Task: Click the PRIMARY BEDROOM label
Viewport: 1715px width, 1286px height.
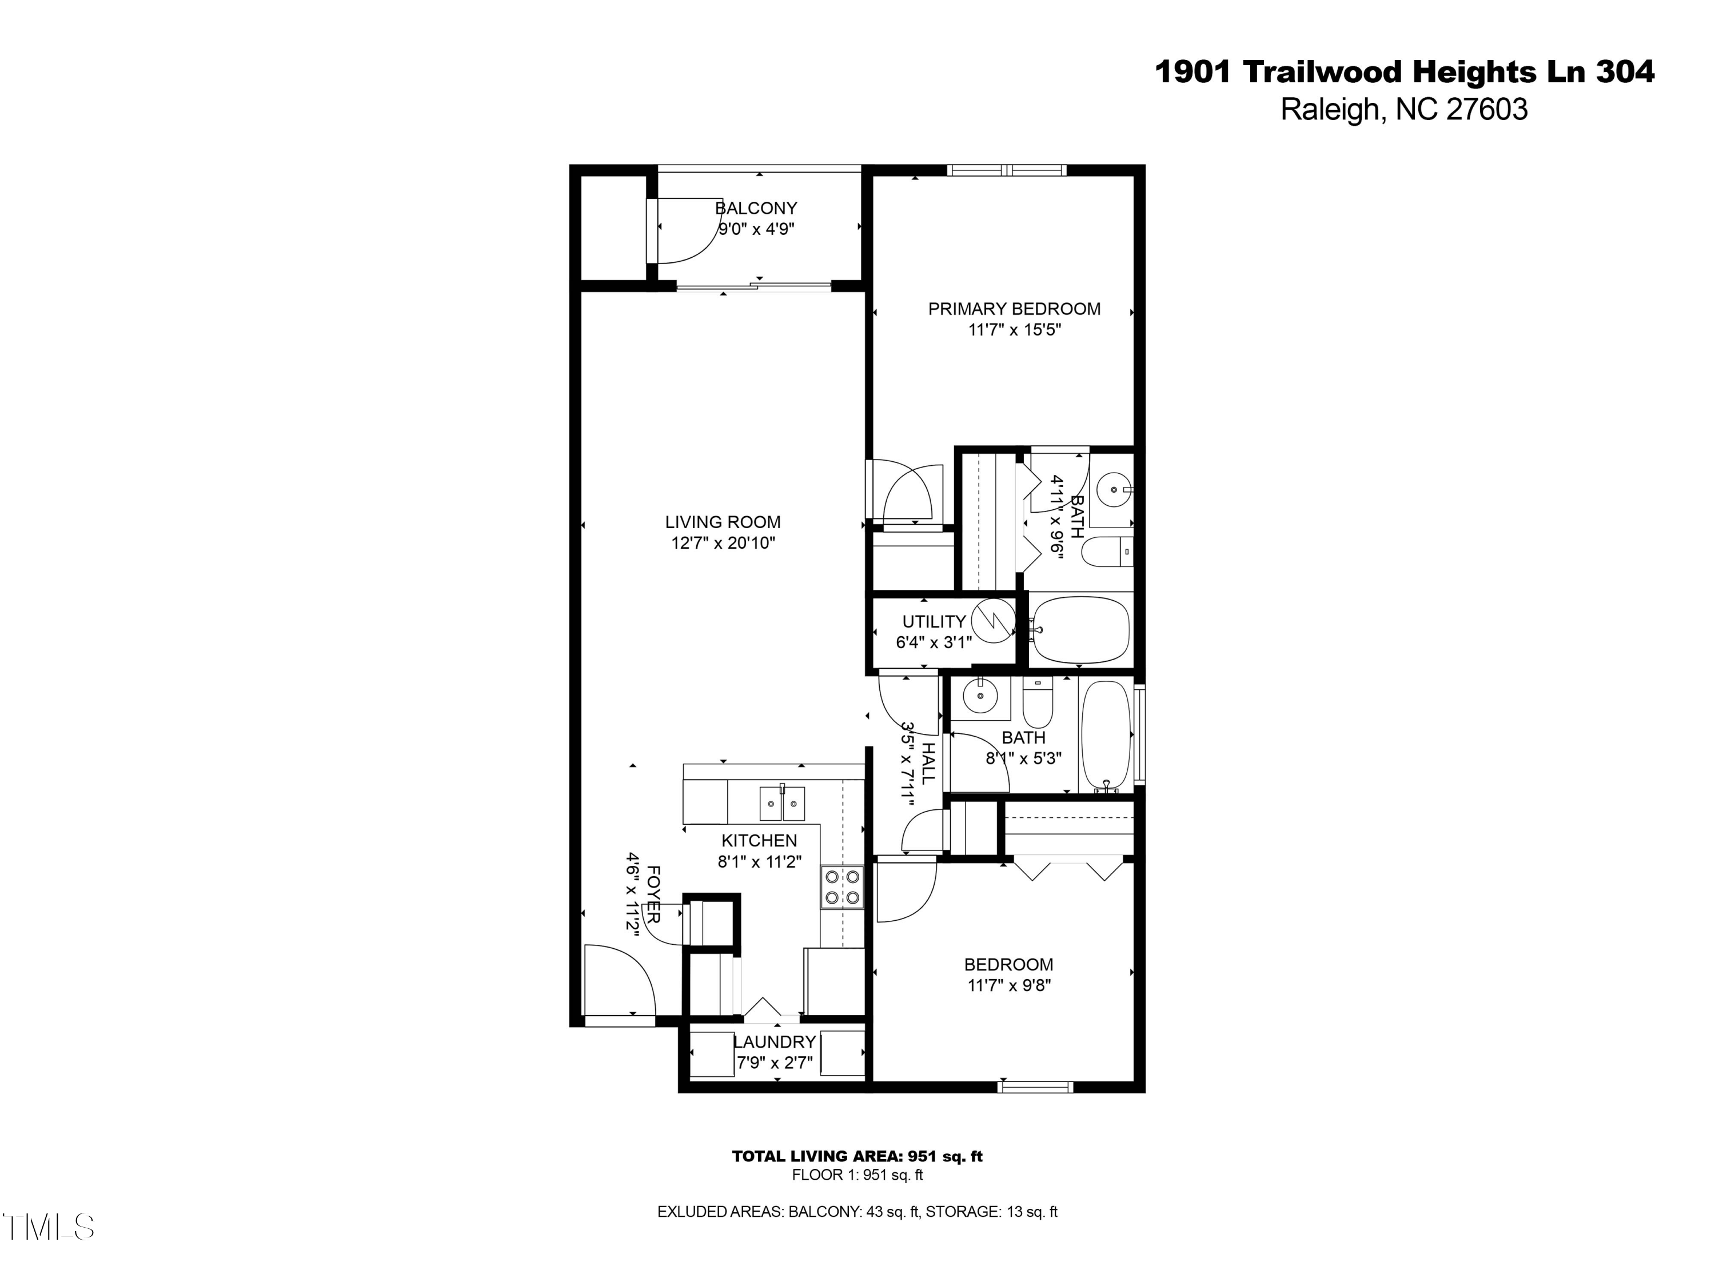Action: tap(1014, 309)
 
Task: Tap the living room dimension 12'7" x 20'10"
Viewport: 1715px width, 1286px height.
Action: tap(723, 542)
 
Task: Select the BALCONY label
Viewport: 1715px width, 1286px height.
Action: tap(756, 207)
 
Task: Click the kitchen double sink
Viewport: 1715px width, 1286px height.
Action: tap(781, 803)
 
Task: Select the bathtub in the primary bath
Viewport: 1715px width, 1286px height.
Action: tap(1080, 629)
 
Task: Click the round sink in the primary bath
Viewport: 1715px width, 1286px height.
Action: tap(1114, 490)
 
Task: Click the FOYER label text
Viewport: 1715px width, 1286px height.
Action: tap(653, 894)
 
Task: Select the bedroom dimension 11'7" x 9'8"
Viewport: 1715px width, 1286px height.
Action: tap(1008, 985)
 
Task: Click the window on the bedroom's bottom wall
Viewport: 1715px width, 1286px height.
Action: tap(1035, 1087)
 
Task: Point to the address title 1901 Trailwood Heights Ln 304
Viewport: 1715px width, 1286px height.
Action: tap(1404, 72)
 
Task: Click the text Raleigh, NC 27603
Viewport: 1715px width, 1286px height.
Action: tap(1403, 109)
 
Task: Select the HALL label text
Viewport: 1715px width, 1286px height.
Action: tap(928, 763)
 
